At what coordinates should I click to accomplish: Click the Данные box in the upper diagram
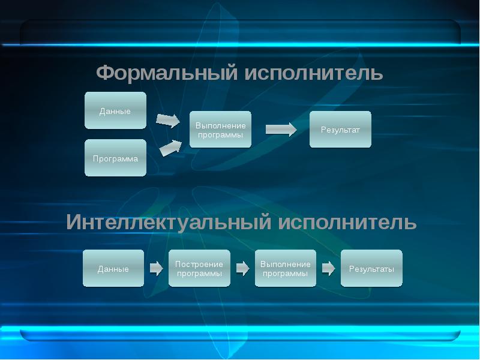coord(115,111)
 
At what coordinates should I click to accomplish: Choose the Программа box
coord(115,158)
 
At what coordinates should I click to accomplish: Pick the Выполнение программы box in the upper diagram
coord(220,130)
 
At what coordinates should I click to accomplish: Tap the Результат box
coord(340,130)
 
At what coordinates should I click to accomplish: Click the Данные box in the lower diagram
coord(113,269)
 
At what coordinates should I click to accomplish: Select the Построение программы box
coord(199,269)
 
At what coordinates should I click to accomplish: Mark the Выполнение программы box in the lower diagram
coord(286,269)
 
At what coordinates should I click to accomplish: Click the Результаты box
coord(371,269)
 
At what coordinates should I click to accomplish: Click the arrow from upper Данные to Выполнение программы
coord(167,120)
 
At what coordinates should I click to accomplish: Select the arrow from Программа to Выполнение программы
coord(170,148)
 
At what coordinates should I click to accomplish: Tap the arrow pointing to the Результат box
coord(281,129)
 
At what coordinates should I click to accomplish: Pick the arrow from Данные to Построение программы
coord(156,268)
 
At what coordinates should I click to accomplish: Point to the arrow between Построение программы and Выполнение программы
coord(242,268)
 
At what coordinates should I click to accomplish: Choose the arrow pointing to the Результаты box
coord(328,268)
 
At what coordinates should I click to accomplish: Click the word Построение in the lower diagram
coord(199,264)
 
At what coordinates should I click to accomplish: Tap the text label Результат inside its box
coord(340,130)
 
